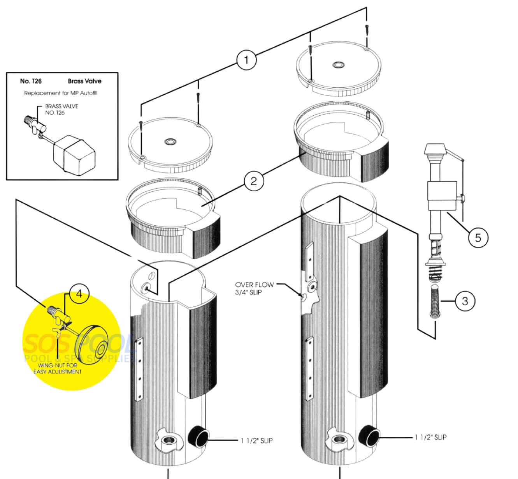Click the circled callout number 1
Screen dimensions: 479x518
tap(246, 60)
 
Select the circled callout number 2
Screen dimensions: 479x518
tap(254, 181)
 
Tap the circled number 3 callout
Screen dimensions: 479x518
tap(465, 301)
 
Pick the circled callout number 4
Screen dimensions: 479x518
tap(79, 293)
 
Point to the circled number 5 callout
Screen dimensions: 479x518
tap(478, 237)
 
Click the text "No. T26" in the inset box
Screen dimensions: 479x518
tap(31, 81)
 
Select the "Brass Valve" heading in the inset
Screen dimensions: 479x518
tap(84, 81)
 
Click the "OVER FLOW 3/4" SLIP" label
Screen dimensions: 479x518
tap(254, 288)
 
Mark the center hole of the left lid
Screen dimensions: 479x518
tap(170, 141)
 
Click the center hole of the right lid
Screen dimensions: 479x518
tap(337, 64)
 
